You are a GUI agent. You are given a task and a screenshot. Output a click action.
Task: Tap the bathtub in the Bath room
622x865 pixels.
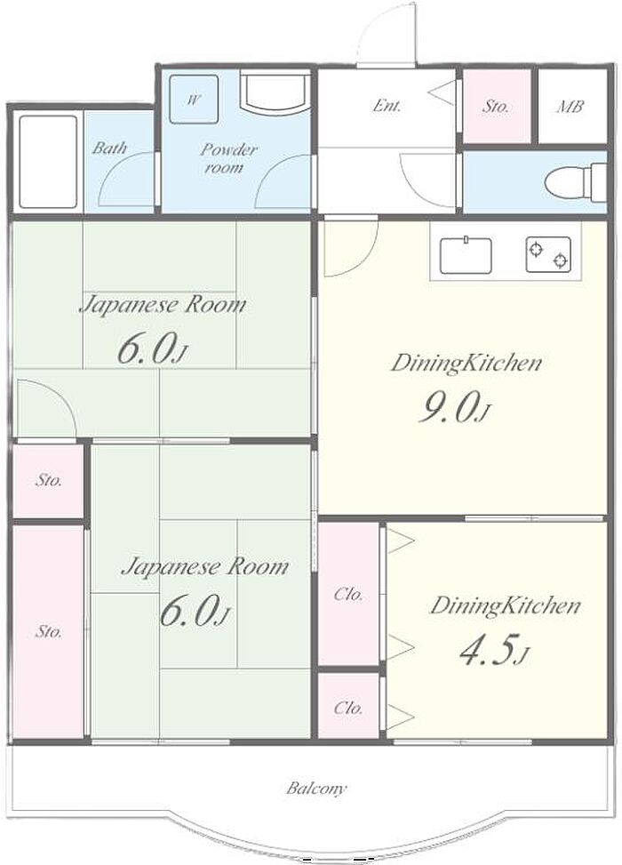pyautogui.click(x=48, y=162)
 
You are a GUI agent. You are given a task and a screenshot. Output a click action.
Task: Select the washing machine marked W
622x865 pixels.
pyautogui.click(x=194, y=100)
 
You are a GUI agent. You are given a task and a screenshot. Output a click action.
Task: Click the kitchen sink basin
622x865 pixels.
pyautogui.click(x=466, y=255)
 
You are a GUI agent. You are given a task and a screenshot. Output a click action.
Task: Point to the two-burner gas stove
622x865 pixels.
pyautogui.click(x=548, y=254)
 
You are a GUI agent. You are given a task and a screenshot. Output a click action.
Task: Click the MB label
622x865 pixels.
pyautogui.click(x=570, y=106)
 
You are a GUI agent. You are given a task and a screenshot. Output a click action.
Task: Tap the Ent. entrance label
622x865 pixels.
pyautogui.click(x=387, y=105)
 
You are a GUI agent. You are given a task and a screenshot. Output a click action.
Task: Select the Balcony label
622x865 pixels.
pyautogui.click(x=316, y=788)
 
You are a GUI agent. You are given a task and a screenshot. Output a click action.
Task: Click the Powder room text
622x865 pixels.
pyautogui.click(x=227, y=157)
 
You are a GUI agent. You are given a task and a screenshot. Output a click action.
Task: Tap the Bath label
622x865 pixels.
pyautogui.click(x=109, y=148)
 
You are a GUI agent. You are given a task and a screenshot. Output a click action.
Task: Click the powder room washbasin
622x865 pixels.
pyautogui.click(x=274, y=92)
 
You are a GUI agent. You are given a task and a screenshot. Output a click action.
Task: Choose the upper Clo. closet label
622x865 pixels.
pyautogui.click(x=349, y=595)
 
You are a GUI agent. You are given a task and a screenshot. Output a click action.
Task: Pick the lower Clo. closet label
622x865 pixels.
pyautogui.click(x=348, y=708)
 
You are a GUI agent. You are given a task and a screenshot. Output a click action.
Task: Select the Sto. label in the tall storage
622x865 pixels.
pyautogui.click(x=49, y=631)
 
